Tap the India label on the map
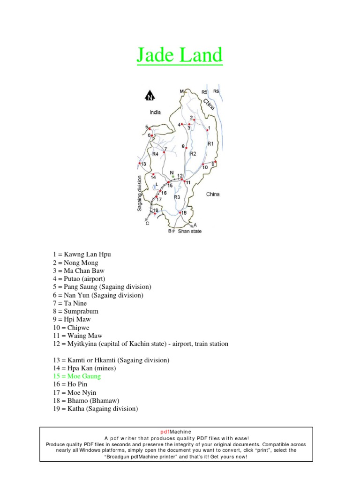pos(155,112)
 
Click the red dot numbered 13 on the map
pos(140,163)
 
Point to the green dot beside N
pos(173,177)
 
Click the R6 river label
pos(216,91)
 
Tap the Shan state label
pos(190,231)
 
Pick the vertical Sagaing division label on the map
pos(140,193)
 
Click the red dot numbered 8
pos(187,148)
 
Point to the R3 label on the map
pos(177,197)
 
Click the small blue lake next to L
pos(154,187)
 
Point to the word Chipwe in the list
pos(81,328)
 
